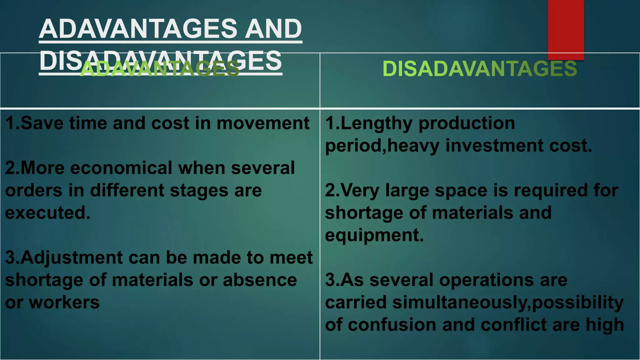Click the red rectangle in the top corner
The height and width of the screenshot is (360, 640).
[566, 30]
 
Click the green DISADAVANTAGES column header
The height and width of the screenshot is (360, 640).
[480, 69]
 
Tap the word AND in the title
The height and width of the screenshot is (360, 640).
[273, 29]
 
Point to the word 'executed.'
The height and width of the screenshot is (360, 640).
[48, 213]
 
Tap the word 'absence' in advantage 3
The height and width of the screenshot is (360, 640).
[260, 280]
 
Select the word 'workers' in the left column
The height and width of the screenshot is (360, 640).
[64, 302]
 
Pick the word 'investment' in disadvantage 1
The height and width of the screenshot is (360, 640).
[494, 146]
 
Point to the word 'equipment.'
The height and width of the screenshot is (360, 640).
[374, 235]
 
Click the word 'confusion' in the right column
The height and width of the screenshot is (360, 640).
[392, 325]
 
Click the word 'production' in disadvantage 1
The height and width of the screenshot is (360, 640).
[467, 124]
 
